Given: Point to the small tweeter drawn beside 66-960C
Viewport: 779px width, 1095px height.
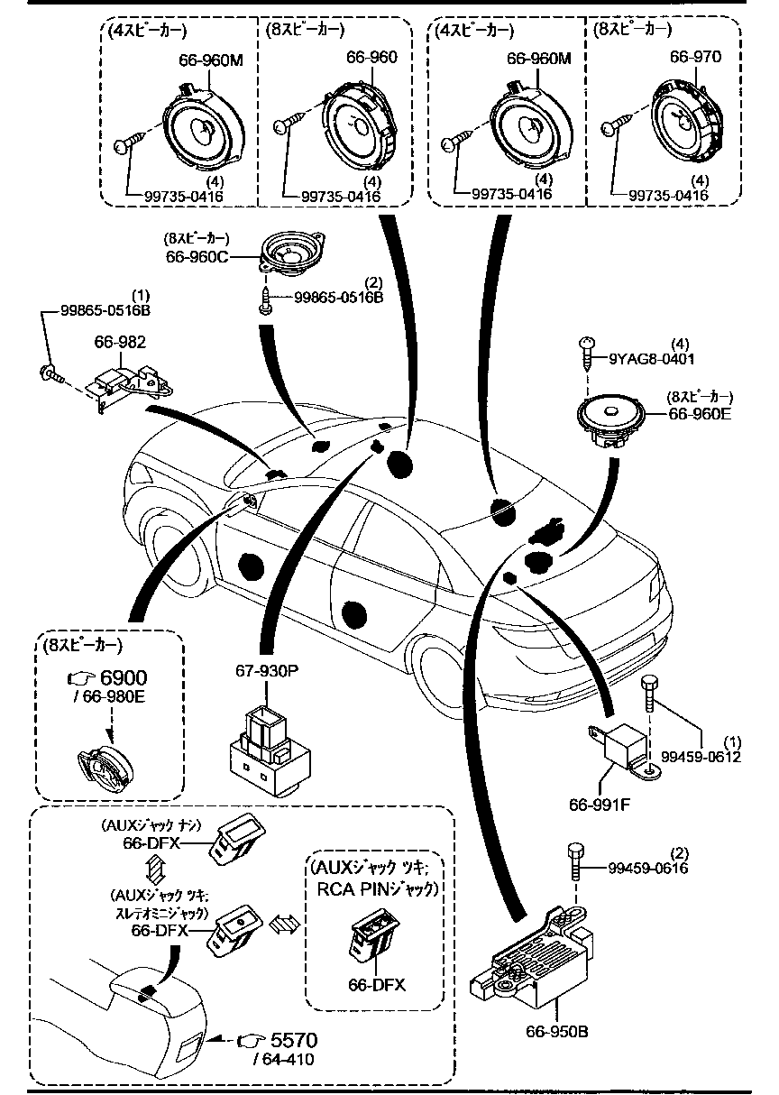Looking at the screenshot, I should pos(291,252).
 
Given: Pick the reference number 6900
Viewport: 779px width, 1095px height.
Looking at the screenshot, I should pos(122,678).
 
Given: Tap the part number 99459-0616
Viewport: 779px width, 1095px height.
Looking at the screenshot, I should pos(647,868).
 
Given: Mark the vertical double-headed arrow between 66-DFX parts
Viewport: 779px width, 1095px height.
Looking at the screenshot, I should pos(154,870).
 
